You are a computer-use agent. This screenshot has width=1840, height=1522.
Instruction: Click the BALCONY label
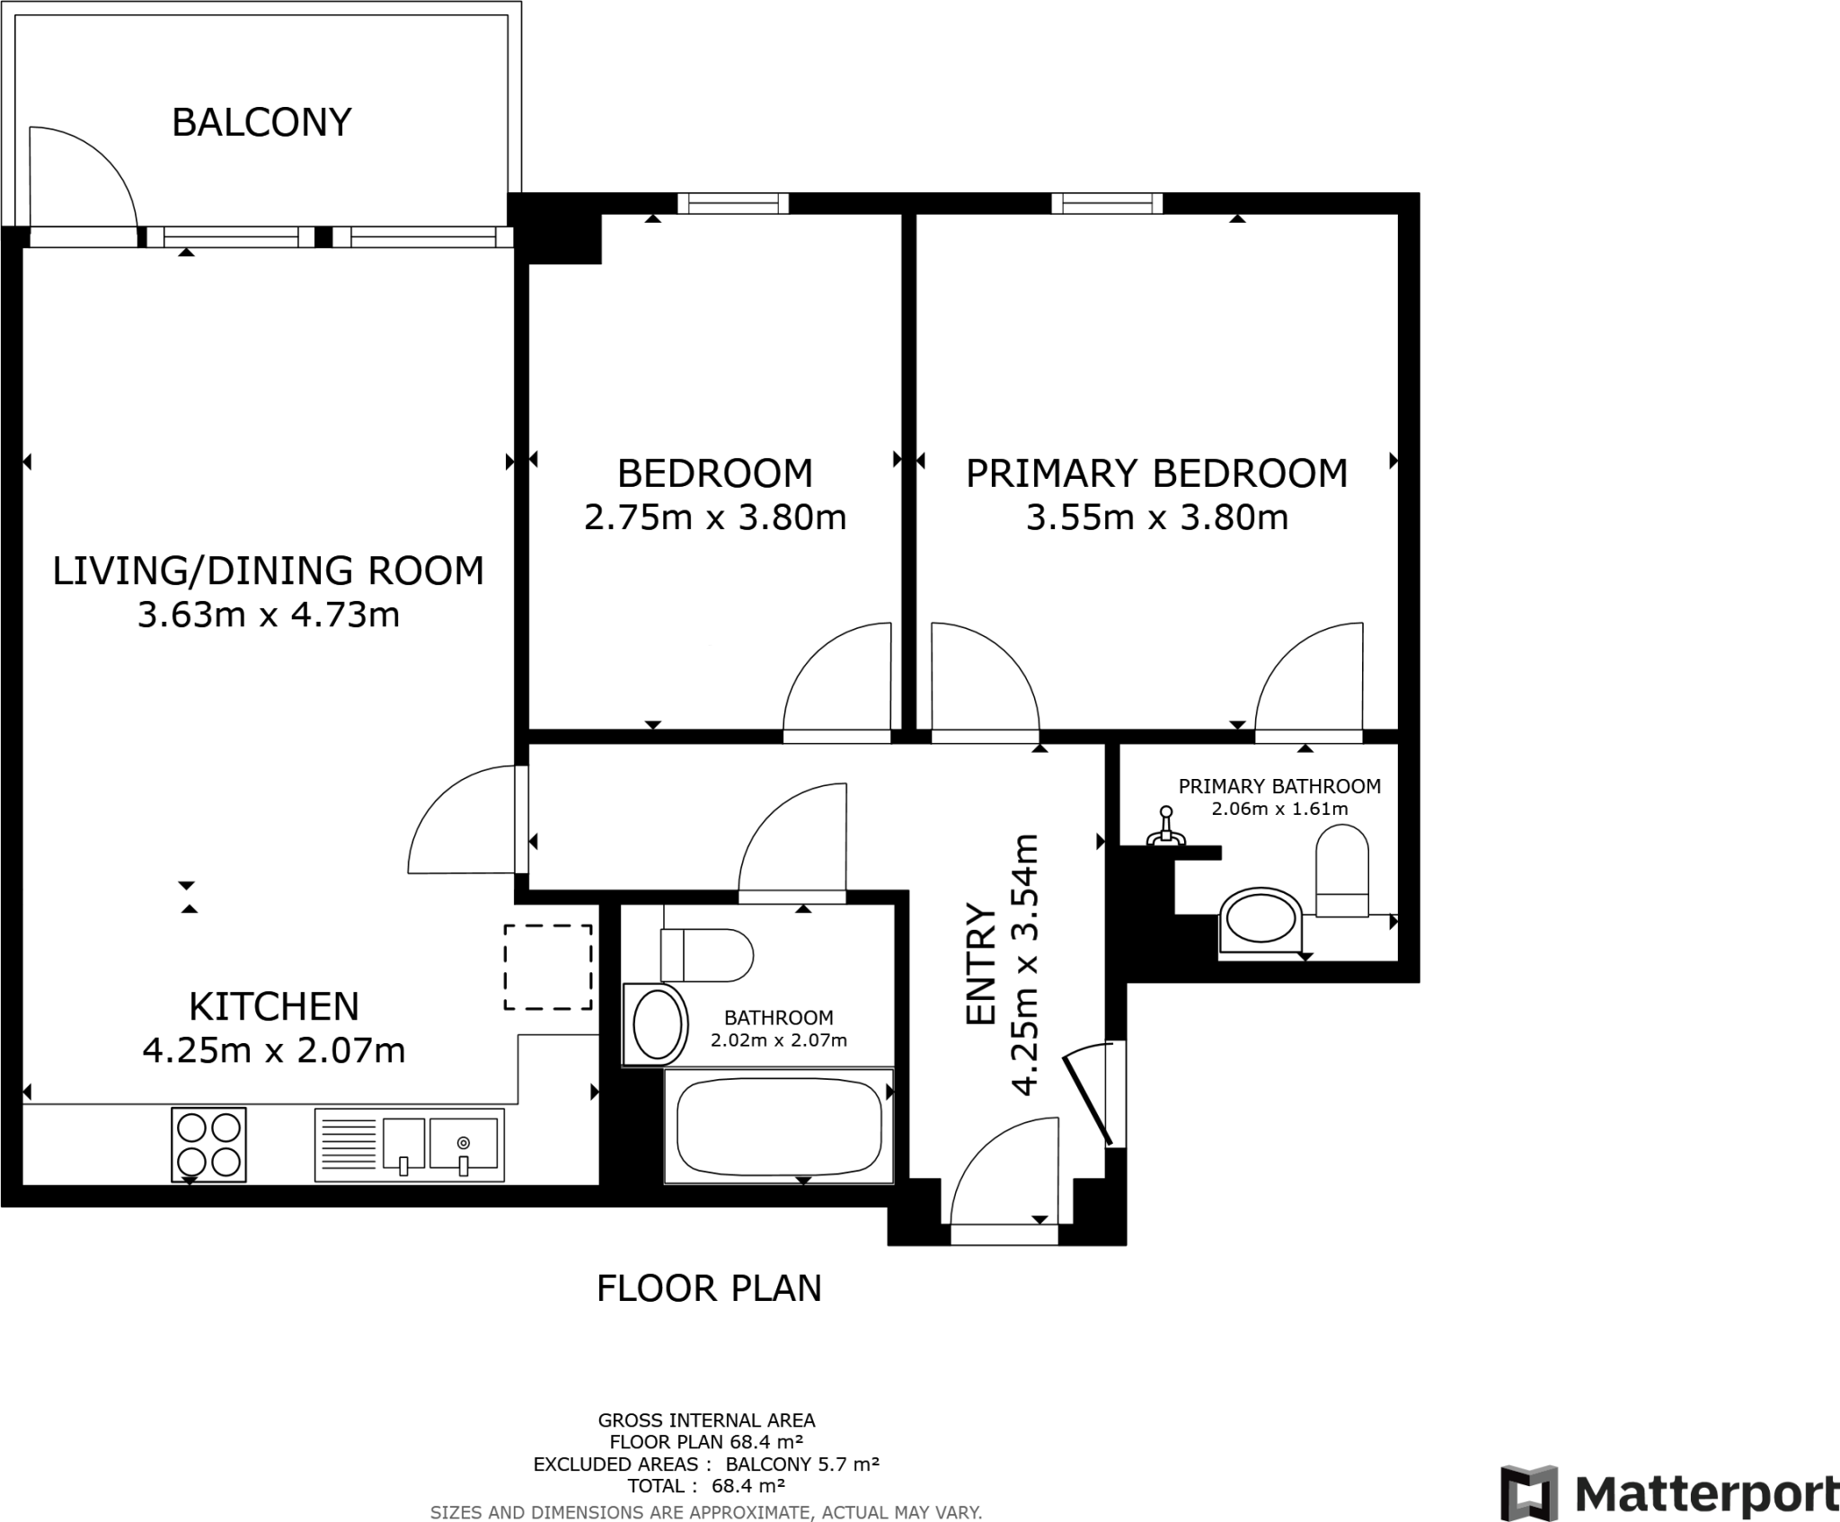click(x=261, y=122)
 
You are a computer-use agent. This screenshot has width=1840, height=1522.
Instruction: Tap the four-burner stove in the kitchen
click(x=208, y=1144)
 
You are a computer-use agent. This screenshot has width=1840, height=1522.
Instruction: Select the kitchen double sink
click(x=409, y=1144)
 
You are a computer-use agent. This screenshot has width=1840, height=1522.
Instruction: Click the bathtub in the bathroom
click(x=778, y=1125)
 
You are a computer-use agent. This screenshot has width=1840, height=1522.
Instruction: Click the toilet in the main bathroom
click(x=706, y=955)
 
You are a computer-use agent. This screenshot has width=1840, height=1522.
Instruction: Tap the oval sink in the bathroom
click(x=657, y=1024)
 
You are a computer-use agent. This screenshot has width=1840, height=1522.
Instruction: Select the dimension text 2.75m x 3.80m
click(x=715, y=518)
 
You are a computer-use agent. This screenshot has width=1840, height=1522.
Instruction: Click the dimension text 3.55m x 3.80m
click(x=1157, y=518)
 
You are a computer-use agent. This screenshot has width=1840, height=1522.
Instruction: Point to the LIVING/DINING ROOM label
click(x=268, y=571)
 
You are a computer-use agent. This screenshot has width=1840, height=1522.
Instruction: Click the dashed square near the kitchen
click(x=547, y=967)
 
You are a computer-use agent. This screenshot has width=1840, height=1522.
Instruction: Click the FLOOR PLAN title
click(x=709, y=1288)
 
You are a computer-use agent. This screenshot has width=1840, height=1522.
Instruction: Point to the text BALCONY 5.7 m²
click(x=801, y=1464)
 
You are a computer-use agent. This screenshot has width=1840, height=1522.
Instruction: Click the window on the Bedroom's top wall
click(x=733, y=203)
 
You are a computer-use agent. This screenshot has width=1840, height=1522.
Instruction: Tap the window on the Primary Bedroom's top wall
click(x=1107, y=203)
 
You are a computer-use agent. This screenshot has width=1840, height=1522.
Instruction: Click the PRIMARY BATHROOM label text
click(x=1279, y=786)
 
